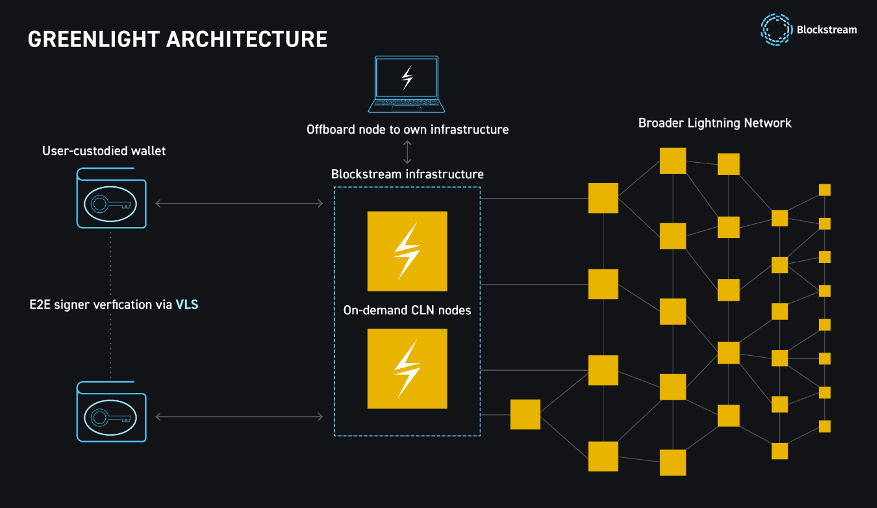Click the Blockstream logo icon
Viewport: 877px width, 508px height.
pos(776,30)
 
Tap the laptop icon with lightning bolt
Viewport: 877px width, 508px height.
pos(407,84)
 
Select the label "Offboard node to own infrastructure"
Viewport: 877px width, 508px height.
pos(407,130)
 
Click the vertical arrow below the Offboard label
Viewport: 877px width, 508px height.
pos(407,152)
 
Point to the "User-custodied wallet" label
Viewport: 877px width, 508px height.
pos(104,151)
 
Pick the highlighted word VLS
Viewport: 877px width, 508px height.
pos(187,304)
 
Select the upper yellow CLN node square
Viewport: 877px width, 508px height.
pos(407,251)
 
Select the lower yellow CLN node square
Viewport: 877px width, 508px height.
pos(407,369)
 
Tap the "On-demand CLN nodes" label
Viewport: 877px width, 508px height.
pos(407,310)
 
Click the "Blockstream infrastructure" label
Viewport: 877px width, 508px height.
pos(407,174)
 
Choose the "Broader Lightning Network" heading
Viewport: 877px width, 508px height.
pos(715,123)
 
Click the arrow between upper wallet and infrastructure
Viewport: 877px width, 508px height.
pos(239,203)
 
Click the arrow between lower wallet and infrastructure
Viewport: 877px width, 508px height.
pos(239,417)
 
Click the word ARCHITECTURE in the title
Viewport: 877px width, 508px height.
pos(247,39)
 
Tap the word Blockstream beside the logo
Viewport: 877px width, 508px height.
pos(827,30)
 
